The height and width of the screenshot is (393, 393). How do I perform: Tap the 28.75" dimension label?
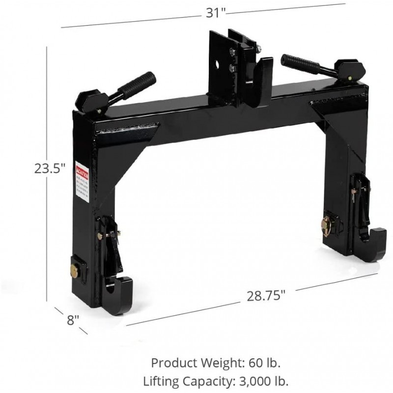[266, 297]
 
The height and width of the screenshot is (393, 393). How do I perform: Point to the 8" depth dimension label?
[73, 320]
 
